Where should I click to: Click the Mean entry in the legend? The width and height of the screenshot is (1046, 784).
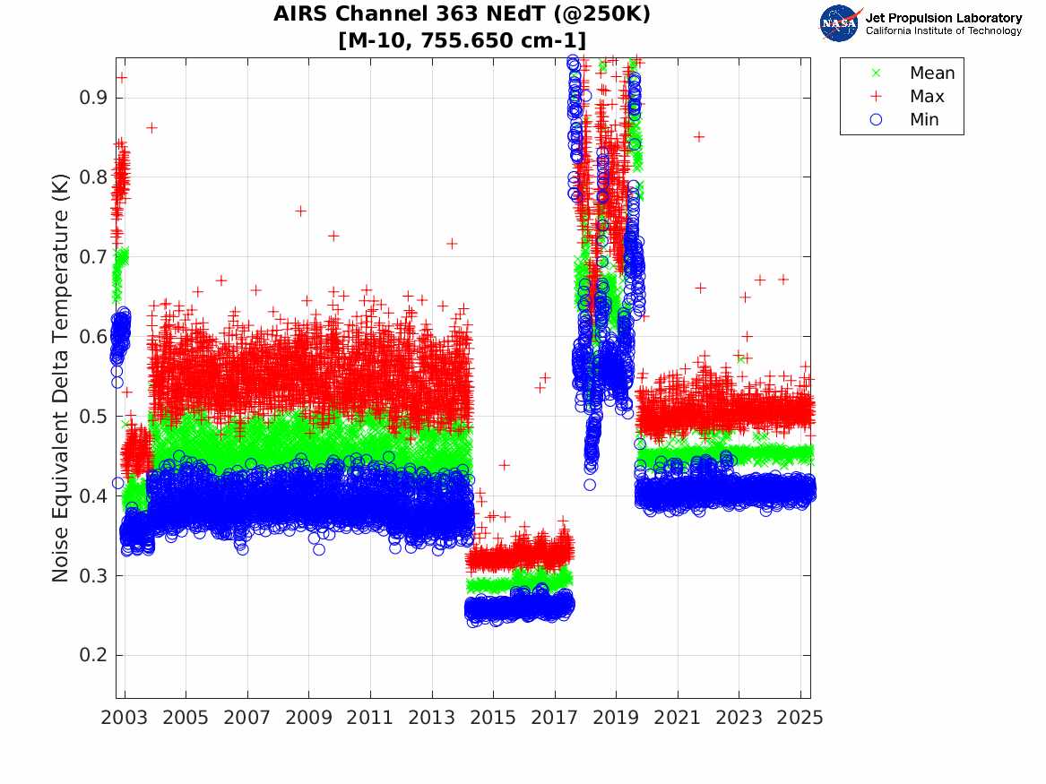pyautogui.click(x=931, y=73)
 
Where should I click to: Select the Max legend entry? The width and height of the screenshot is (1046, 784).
pyautogui.click(x=926, y=97)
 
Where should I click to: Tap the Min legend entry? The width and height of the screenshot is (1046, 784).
pyautogui.click(x=924, y=120)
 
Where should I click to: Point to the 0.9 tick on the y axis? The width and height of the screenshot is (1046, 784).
pyautogui.click(x=93, y=97)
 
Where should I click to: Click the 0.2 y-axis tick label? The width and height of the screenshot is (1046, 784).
pyautogui.click(x=93, y=655)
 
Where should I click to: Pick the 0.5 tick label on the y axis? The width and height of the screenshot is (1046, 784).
pyautogui.click(x=93, y=416)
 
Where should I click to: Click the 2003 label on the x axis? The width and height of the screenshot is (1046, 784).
pyautogui.click(x=125, y=718)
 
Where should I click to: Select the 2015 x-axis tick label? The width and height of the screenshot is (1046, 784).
pyautogui.click(x=493, y=718)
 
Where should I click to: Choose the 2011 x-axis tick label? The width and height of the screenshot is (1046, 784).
pyautogui.click(x=370, y=718)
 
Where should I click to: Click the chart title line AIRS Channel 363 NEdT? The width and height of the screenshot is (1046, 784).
pyautogui.click(x=462, y=14)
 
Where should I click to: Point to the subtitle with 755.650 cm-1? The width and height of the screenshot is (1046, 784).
pyautogui.click(x=462, y=40)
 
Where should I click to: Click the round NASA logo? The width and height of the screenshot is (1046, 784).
pyautogui.click(x=840, y=23)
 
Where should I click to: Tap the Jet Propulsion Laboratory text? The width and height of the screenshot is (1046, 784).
pyautogui.click(x=943, y=18)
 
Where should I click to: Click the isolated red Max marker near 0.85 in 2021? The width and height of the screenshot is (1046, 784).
pyautogui.click(x=699, y=136)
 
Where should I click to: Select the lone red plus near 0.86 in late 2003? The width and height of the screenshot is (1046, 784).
pyautogui.click(x=151, y=127)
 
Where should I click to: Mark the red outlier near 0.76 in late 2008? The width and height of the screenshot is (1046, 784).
pyautogui.click(x=300, y=211)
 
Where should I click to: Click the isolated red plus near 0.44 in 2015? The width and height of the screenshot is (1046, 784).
pyautogui.click(x=505, y=464)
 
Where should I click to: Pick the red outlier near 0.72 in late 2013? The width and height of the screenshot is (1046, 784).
pyautogui.click(x=452, y=243)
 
